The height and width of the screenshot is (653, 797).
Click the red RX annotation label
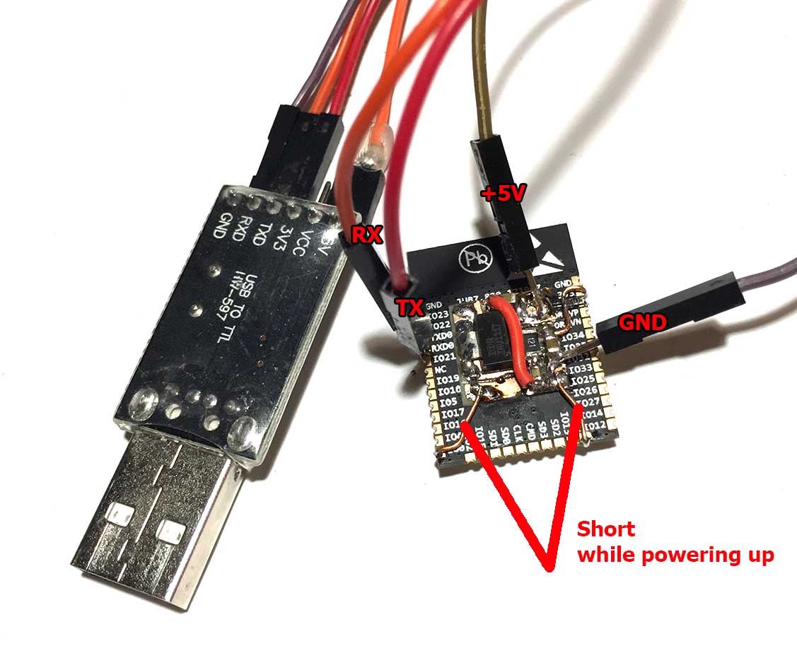(x=368, y=235)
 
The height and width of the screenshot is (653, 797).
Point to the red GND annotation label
(x=643, y=323)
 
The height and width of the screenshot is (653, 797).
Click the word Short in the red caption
(x=606, y=529)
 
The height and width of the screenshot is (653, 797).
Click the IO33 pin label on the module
(x=581, y=369)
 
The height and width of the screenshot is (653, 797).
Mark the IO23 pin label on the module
(x=439, y=314)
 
